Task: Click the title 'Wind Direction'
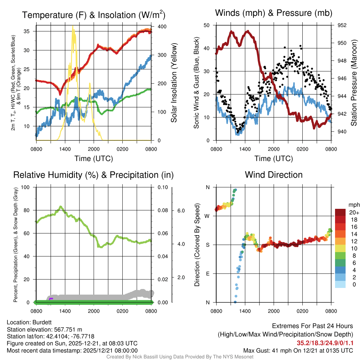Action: tap(274, 175)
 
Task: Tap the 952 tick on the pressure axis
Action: tap(342, 25)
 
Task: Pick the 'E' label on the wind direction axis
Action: tap(208, 274)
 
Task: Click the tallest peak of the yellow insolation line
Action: tap(73, 27)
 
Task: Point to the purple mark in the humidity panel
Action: tap(51, 299)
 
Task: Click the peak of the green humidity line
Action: tap(61, 207)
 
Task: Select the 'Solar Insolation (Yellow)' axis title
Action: tap(174, 83)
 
